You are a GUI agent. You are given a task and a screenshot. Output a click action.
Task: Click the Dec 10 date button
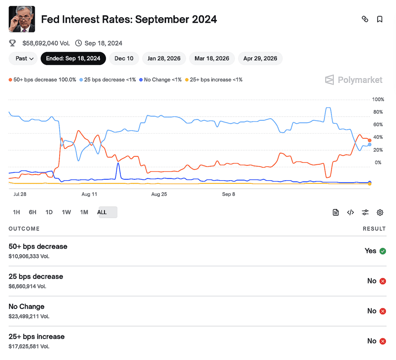click(124, 58)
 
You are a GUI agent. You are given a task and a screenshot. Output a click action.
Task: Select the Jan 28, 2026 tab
click(164, 58)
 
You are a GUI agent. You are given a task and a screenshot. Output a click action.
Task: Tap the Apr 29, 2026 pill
click(260, 58)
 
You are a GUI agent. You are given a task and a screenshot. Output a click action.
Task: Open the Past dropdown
click(23, 58)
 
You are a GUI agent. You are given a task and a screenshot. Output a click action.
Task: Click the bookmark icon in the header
click(380, 19)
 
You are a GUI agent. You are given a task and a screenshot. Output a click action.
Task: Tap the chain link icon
click(365, 19)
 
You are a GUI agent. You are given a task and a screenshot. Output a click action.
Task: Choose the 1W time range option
click(67, 212)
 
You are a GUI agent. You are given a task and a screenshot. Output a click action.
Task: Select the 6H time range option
click(32, 212)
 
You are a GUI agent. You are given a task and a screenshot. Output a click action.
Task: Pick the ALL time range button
click(102, 212)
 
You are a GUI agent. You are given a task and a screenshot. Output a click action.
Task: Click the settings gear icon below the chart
click(380, 212)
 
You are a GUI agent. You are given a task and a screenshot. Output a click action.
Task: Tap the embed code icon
click(350, 212)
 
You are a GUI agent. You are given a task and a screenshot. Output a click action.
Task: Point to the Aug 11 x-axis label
click(89, 194)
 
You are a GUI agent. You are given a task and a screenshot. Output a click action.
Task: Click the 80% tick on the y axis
click(378, 112)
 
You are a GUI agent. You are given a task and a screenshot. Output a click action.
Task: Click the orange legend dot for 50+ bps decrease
click(10, 80)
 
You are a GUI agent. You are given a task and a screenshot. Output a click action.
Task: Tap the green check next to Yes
click(383, 251)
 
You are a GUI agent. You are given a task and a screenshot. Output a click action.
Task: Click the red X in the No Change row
click(383, 311)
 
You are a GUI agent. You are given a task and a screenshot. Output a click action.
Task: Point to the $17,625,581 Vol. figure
click(29, 346)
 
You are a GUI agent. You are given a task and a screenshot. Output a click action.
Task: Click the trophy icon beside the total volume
click(12, 43)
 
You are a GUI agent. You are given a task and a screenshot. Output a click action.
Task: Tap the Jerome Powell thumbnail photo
click(22, 19)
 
